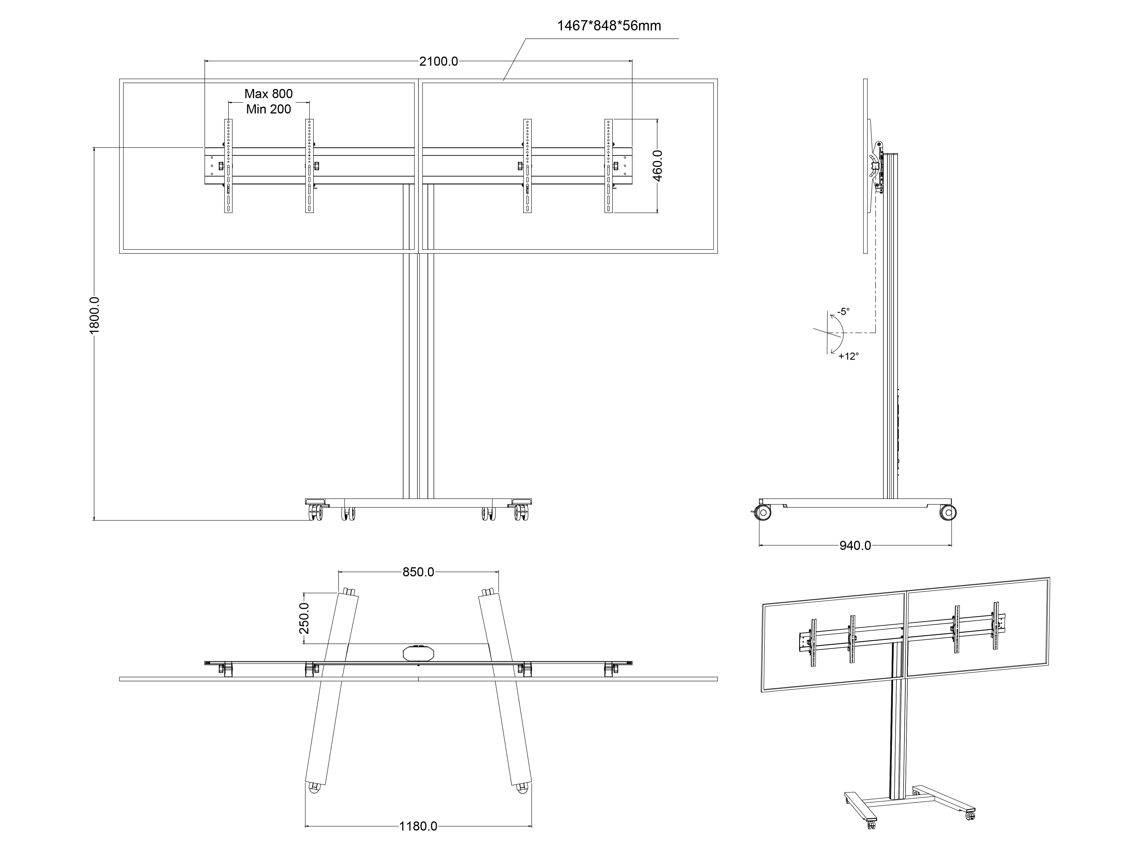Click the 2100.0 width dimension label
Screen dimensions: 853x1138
(438, 62)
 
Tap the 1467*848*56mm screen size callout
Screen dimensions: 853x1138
(609, 26)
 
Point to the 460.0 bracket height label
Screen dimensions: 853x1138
(657, 165)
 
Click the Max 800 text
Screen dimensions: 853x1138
(269, 94)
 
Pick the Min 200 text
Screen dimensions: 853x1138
(269, 109)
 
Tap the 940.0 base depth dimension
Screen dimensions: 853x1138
(855, 546)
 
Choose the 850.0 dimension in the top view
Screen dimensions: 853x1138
(418, 572)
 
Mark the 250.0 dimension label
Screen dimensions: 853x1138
(304, 618)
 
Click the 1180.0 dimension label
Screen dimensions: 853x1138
(418, 826)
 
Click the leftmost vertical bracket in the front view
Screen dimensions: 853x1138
(228, 165)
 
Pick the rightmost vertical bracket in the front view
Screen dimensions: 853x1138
(609, 165)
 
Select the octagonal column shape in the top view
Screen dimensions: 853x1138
(418, 653)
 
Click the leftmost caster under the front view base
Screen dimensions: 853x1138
(315, 513)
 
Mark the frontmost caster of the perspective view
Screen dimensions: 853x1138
(871, 838)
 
